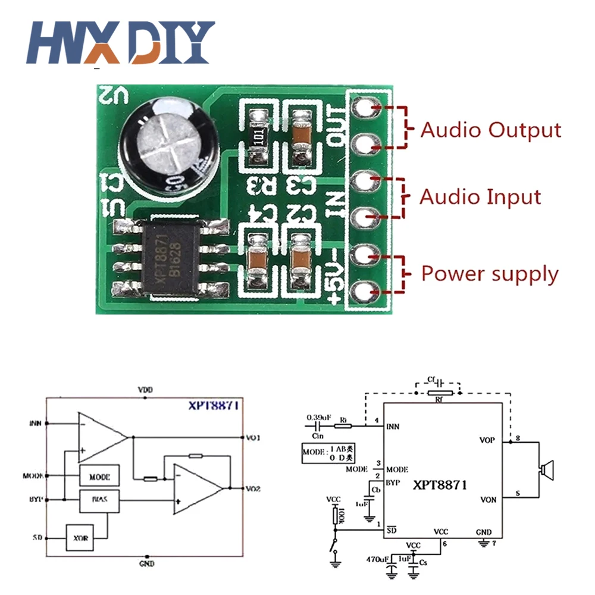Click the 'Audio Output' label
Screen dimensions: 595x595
490,130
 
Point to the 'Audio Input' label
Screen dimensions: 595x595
481,197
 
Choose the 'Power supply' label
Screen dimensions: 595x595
490,274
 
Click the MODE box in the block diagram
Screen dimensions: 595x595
99,477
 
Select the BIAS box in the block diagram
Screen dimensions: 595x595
99,501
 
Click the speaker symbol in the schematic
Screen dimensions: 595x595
546,471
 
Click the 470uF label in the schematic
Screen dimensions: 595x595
378,559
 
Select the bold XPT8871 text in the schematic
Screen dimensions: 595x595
440,485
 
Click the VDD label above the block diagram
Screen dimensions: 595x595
145,389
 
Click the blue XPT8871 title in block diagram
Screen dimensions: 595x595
214,406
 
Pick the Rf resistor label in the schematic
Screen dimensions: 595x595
439,400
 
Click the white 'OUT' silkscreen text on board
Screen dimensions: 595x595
337,127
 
